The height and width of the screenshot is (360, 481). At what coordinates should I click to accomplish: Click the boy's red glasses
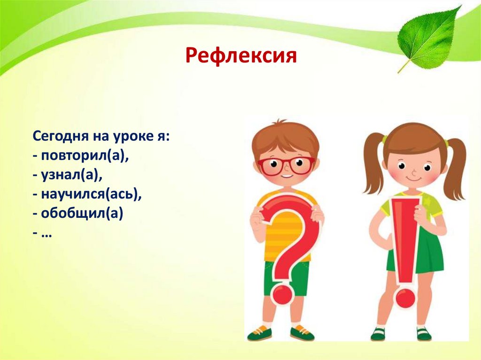coord(286,166)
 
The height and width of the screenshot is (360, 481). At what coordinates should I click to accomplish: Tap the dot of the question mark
coord(283,294)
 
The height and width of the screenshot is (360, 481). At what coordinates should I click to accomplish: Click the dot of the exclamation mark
coord(404,297)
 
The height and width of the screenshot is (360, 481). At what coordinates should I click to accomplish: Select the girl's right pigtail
coord(454,167)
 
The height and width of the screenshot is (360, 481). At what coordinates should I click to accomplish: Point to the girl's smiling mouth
coord(414,180)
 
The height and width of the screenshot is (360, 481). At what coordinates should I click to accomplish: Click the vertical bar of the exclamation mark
coord(405,239)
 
